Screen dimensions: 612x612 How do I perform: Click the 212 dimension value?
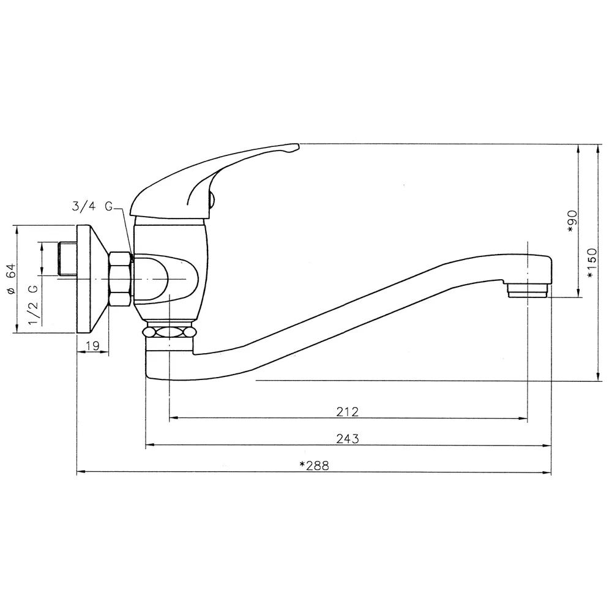pyautogui.click(x=347, y=411)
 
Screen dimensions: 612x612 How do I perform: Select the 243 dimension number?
pyautogui.click(x=348, y=439)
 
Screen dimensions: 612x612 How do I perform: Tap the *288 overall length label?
pyautogui.click(x=314, y=466)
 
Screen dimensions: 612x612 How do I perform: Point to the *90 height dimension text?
pyautogui.click(x=572, y=222)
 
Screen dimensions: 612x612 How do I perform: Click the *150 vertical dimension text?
pyautogui.click(x=592, y=263)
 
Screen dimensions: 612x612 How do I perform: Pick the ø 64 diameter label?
pyautogui.click(x=11, y=278)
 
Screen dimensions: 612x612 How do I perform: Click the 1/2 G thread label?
pyautogui.click(x=34, y=305)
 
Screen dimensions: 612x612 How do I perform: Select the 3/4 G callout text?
pyautogui.click(x=92, y=206)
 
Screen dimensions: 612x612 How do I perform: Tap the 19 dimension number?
pyautogui.click(x=92, y=345)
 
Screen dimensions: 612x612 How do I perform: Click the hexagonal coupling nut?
pyautogui.click(x=120, y=279)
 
